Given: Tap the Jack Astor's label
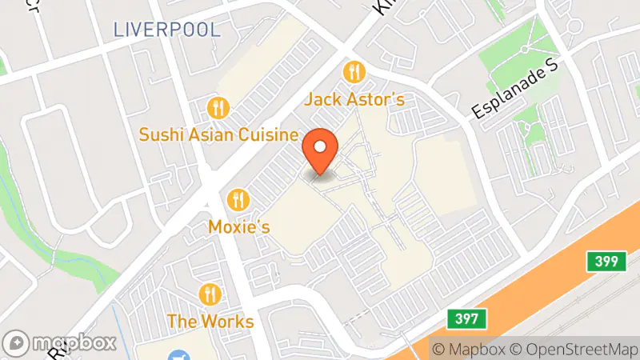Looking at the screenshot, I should tap(354, 100).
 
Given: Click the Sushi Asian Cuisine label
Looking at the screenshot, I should tap(218, 134).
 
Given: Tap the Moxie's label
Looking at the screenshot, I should tap(238, 226).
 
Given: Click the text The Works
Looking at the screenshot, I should tap(210, 322).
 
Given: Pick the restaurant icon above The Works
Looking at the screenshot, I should tap(210, 294).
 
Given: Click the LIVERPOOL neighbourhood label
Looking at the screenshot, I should tap(166, 30).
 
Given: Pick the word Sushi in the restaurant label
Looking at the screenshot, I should tap(158, 134).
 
